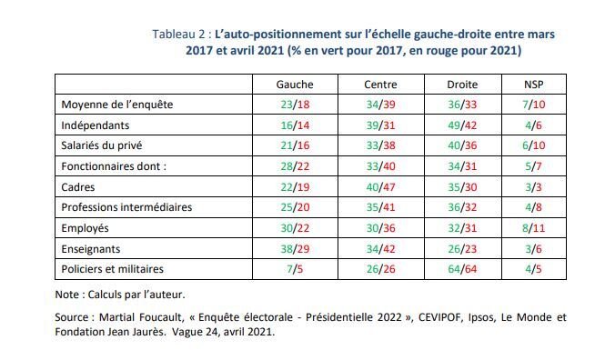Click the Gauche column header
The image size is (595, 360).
coord(295,85)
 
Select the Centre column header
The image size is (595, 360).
coord(380,85)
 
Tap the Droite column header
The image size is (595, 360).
coord(462,85)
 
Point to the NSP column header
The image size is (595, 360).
coord(533,85)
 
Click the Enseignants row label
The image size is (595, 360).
coord(91,249)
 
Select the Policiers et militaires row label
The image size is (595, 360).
coord(112,269)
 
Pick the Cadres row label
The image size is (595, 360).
coord(78,187)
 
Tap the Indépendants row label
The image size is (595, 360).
coord(96,125)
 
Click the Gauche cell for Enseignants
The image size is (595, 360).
coord(295,249)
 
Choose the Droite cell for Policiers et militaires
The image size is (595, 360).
coord(462,269)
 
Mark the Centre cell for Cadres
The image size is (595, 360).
coord(380,187)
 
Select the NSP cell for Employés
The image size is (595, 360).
coord(533,228)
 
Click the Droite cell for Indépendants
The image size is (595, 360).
coord(462,125)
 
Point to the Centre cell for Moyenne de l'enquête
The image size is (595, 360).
coord(380,105)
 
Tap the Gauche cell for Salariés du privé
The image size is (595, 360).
coord(295,145)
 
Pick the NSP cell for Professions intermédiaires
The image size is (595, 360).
coord(533,207)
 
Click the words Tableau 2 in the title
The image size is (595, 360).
coord(178,35)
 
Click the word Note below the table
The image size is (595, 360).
coord(67,295)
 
